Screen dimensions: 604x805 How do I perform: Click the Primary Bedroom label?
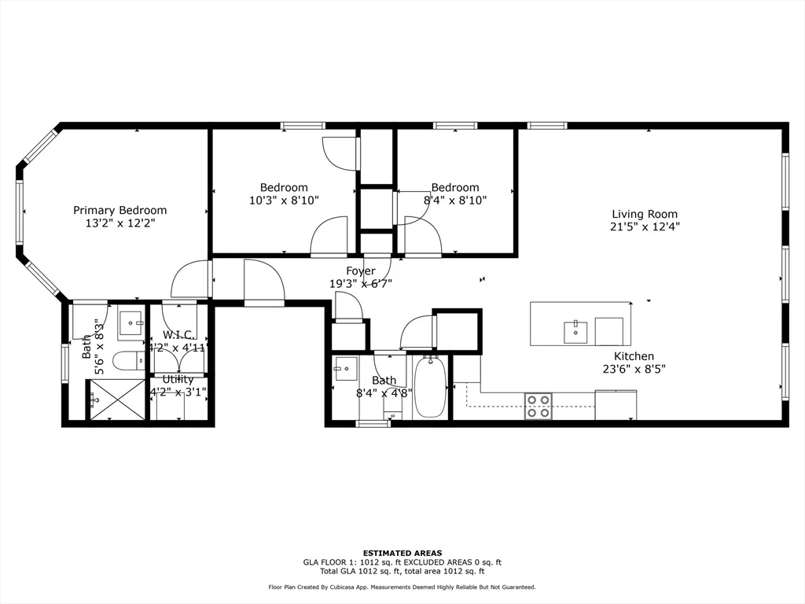119,210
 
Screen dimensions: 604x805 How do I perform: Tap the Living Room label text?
645,214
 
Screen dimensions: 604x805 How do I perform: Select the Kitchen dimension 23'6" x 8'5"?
634,370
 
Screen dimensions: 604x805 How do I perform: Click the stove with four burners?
539,406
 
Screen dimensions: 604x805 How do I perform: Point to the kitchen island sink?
577,331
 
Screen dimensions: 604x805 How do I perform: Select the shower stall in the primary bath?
117,400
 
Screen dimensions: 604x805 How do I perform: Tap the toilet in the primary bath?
127,361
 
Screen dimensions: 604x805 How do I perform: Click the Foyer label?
361,271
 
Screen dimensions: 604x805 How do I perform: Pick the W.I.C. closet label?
178,335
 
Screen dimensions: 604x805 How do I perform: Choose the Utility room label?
178,379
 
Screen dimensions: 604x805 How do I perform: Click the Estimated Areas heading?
402,553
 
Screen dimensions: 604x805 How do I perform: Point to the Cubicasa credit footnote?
402,587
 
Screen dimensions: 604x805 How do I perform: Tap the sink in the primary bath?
130,323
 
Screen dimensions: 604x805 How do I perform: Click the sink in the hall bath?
345,368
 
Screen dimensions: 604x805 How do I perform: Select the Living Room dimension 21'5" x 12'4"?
645,226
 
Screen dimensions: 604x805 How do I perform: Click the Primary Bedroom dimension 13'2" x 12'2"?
119,223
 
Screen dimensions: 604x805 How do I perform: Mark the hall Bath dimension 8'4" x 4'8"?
384,393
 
